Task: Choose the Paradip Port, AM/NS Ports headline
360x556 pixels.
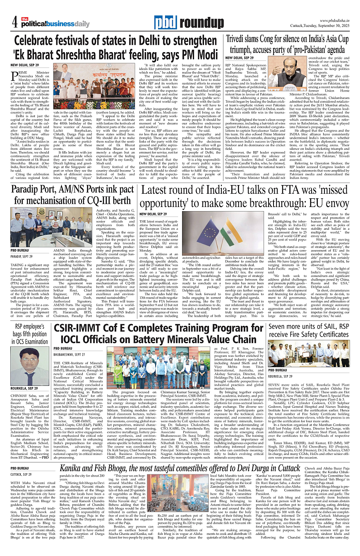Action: [73, 195]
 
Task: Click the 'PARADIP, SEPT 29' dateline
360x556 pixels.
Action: [22, 257]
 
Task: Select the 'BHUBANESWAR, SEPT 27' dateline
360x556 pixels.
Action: [70, 355]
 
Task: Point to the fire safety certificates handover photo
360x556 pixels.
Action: [308, 352]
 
